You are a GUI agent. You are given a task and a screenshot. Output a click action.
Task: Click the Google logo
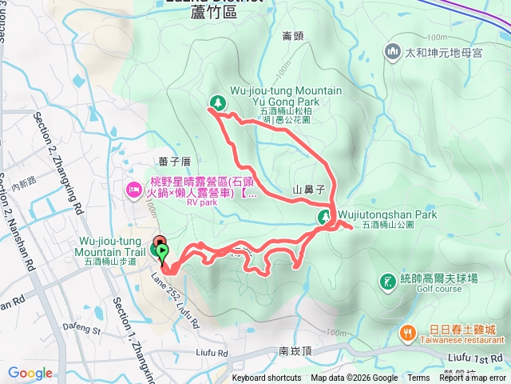pos(30,373)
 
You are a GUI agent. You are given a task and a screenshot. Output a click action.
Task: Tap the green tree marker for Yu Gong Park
pos(216,102)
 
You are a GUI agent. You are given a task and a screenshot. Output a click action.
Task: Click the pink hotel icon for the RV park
pos(134,190)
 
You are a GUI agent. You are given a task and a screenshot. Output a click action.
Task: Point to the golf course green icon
pos(387,282)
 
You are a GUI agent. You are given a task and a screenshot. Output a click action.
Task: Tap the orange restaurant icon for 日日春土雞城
pos(407,330)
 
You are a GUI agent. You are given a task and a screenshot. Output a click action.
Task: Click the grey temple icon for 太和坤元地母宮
pos(392,53)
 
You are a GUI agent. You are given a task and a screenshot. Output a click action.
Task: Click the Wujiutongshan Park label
pos(387,215)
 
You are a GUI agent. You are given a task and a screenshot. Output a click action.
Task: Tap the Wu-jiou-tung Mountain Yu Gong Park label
pos(275,96)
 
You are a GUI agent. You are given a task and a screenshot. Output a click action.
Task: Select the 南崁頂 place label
pos(295,350)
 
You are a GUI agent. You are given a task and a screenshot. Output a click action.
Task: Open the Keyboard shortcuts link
pos(267,378)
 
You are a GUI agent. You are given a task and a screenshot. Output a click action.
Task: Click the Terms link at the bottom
pos(418,378)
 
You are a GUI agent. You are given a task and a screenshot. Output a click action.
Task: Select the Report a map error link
pos(473,378)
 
